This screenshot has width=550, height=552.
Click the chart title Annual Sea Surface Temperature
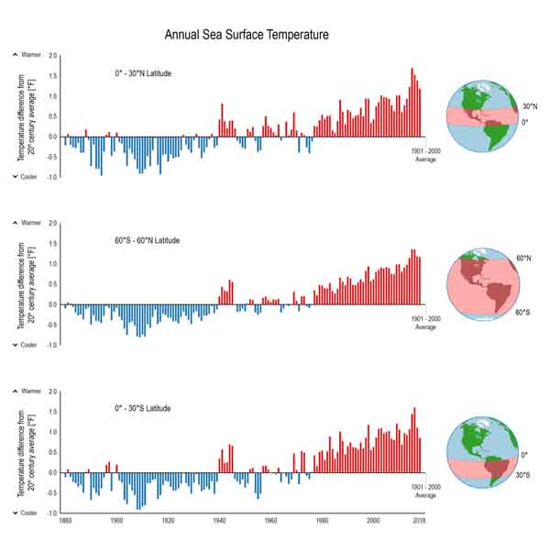click(246, 35)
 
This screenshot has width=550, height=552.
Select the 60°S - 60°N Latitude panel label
click(147, 240)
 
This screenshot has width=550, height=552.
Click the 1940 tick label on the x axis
click(218, 520)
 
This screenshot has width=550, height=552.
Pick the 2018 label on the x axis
click(419, 520)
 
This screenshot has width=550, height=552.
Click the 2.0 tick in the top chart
click(52, 56)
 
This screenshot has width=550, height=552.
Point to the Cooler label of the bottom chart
click(28, 513)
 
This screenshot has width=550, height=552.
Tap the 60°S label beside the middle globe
click(523, 313)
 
